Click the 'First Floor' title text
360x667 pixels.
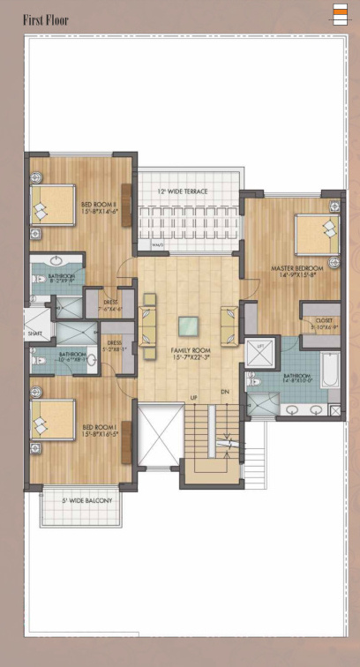(x=45, y=19)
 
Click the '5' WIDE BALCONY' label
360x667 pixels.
(x=85, y=501)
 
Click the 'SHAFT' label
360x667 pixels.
(x=34, y=333)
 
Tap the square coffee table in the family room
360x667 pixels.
(x=188, y=326)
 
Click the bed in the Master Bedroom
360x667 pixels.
(x=314, y=234)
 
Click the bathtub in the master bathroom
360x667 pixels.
(x=330, y=371)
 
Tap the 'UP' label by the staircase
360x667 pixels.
(x=194, y=398)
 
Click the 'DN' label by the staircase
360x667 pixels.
(x=226, y=392)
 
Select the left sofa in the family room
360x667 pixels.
(x=147, y=319)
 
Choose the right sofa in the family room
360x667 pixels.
(x=229, y=324)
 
